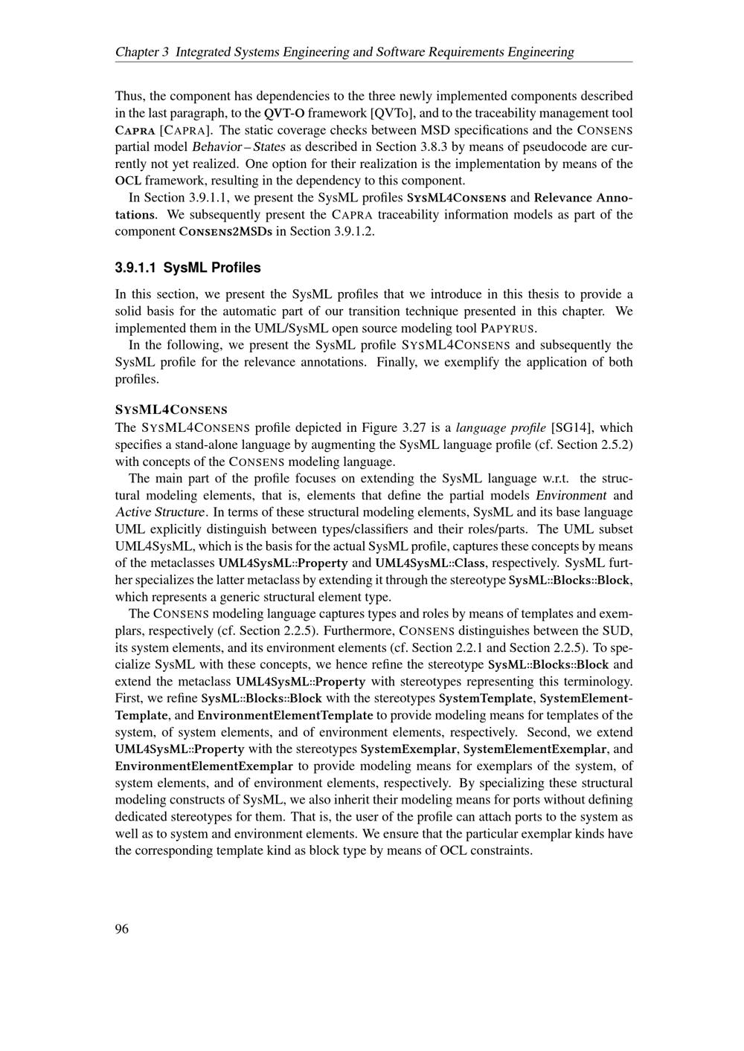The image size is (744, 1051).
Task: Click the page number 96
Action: (122, 929)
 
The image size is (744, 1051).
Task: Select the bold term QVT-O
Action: (284, 113)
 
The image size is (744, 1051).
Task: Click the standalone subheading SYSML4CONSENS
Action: (171, 410)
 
